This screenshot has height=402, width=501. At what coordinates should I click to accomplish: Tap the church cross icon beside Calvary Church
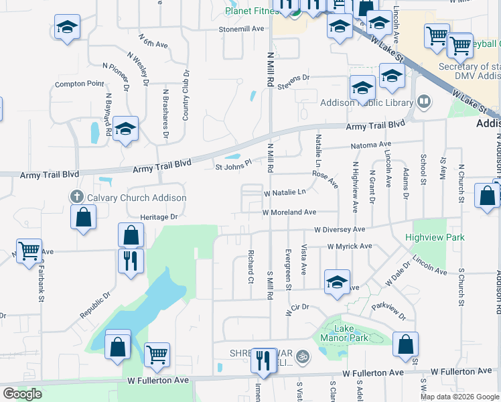click(x=77, y=197)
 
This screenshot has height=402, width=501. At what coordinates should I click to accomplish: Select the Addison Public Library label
click(x=366, y=103)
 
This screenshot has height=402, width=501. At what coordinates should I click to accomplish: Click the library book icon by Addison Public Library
click(x=423, y=102)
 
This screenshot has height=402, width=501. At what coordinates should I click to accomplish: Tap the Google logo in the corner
click(x=22, y=394)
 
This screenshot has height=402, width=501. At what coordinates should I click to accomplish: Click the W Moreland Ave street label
click(x=289, y=212)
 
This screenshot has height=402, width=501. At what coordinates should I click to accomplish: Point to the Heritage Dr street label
click(x=159, y=217)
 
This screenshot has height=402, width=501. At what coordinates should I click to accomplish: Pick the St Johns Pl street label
click(x=232, y=163)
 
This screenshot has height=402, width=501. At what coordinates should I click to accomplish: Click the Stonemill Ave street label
click(x=242, y=29)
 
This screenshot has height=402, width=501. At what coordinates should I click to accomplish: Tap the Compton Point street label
click(x=80, y=84)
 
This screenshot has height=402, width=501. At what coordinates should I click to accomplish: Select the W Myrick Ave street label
click(x=349, y=247)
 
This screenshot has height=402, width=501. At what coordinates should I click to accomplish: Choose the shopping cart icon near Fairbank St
click(x=29, y=252)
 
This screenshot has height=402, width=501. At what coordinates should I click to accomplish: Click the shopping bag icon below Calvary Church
click(x=82, y=217)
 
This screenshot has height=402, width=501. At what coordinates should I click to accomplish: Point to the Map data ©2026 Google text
click(x=459, y=397)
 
